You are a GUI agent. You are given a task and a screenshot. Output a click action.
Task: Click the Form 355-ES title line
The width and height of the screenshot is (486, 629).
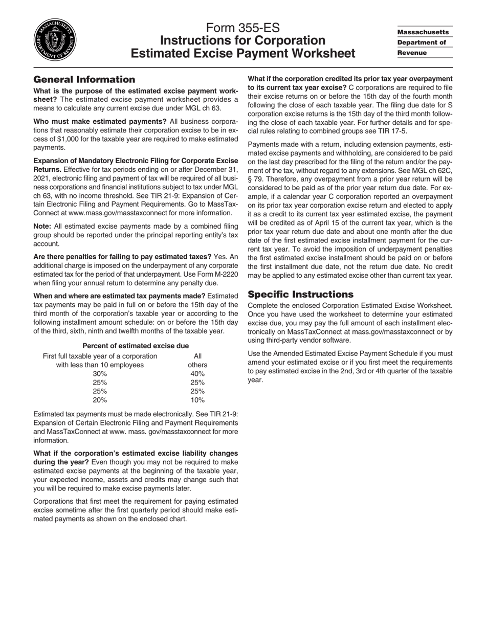tap(243, 28)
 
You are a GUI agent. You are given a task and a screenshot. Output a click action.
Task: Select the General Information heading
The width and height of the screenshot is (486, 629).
tap(84, 79)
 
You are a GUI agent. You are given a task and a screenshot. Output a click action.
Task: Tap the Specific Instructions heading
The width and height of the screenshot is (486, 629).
tap(300, 294)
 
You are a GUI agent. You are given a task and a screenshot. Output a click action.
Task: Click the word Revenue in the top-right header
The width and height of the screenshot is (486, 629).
tap(412, 53)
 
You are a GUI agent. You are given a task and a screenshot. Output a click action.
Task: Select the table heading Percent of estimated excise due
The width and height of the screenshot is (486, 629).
tap(136, 346)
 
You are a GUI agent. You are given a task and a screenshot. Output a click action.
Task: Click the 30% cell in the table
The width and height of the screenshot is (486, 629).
tap(100, 374)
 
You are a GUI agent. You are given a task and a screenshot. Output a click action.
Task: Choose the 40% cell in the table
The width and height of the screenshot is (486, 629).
tap(197, 374)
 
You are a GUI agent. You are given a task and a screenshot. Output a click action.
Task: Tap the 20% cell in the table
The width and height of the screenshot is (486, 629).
tap(100, 400)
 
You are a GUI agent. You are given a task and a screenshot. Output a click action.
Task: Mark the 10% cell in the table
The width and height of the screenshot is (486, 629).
tap(197, 400)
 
